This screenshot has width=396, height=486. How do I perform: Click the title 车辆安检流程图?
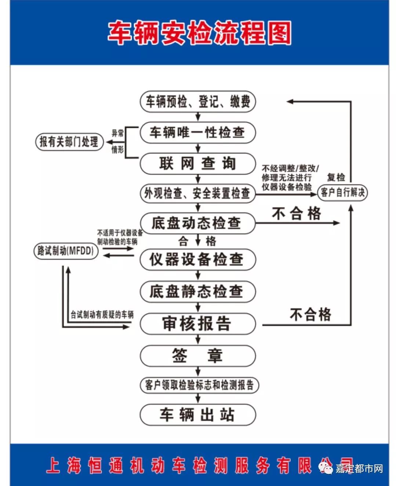(199, 33)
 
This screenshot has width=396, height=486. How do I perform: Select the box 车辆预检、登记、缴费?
(198, 102)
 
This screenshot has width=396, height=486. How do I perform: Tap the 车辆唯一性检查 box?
(198, 132)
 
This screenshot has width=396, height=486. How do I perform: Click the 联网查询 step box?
(198, 163)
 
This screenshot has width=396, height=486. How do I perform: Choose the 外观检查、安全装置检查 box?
(198, 193)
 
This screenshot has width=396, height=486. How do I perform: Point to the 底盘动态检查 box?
(198, 223)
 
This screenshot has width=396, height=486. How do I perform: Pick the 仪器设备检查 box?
(198, 259)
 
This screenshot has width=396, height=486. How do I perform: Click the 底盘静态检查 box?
(198, 292)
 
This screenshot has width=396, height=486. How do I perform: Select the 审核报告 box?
(198, 324)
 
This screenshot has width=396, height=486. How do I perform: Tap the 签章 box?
(198, 355)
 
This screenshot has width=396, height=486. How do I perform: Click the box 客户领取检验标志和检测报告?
(199, 385)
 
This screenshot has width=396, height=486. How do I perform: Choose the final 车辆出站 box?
(198, 415)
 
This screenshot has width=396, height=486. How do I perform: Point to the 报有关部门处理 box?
(69, 142)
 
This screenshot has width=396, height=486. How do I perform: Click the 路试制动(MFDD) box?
(66, 251)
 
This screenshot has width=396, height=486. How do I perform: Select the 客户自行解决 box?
(342, 193)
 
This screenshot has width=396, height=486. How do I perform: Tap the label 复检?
(336, 178)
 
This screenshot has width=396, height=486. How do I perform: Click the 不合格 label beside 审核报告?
(310, 315)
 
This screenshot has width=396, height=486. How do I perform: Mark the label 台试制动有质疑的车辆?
(102, 315)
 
